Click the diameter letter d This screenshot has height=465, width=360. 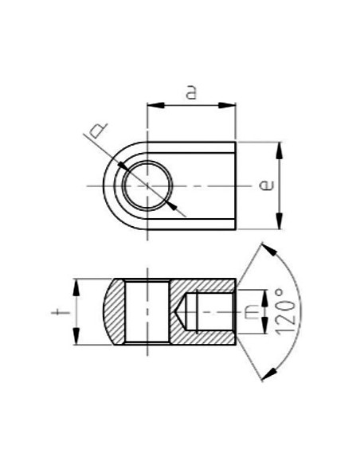click(97, 129)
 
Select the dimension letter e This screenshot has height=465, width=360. click(268, 186)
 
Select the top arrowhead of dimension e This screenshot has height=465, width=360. click(279, 148)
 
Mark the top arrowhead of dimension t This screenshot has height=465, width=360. click(76, 284)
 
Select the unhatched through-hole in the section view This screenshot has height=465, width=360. click(147, 311)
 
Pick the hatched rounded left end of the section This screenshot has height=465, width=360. click(115, 311)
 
